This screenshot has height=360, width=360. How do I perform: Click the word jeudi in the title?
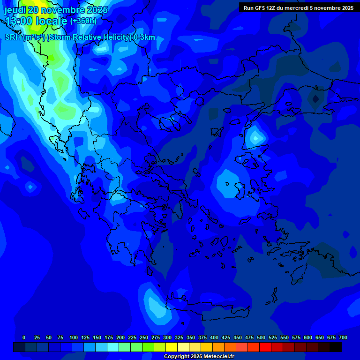pyautogui.click(x=15, y=10)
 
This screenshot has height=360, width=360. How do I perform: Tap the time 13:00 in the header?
pyautogui.click(x=19, y=21)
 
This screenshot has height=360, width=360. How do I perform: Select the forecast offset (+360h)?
pyautogui.click(x=83, y=21)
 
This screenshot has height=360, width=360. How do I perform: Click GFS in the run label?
pyautogui.click(x=260, y=8)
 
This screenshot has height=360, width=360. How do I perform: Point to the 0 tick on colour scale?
pyautogui.click(x=24, y=337)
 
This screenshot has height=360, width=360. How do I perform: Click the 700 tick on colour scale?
pyautogui.click(x=343, y=337)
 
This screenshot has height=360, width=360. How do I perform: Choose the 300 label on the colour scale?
pyautogui.click(x=167, y=337)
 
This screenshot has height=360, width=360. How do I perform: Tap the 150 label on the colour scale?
pyautogui.click(x=97, y=337)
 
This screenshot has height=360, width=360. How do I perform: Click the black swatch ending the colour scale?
pyautogui.click(x=335, y=347)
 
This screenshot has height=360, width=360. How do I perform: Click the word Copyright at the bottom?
pyautogui.click(x=177, y=357)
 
